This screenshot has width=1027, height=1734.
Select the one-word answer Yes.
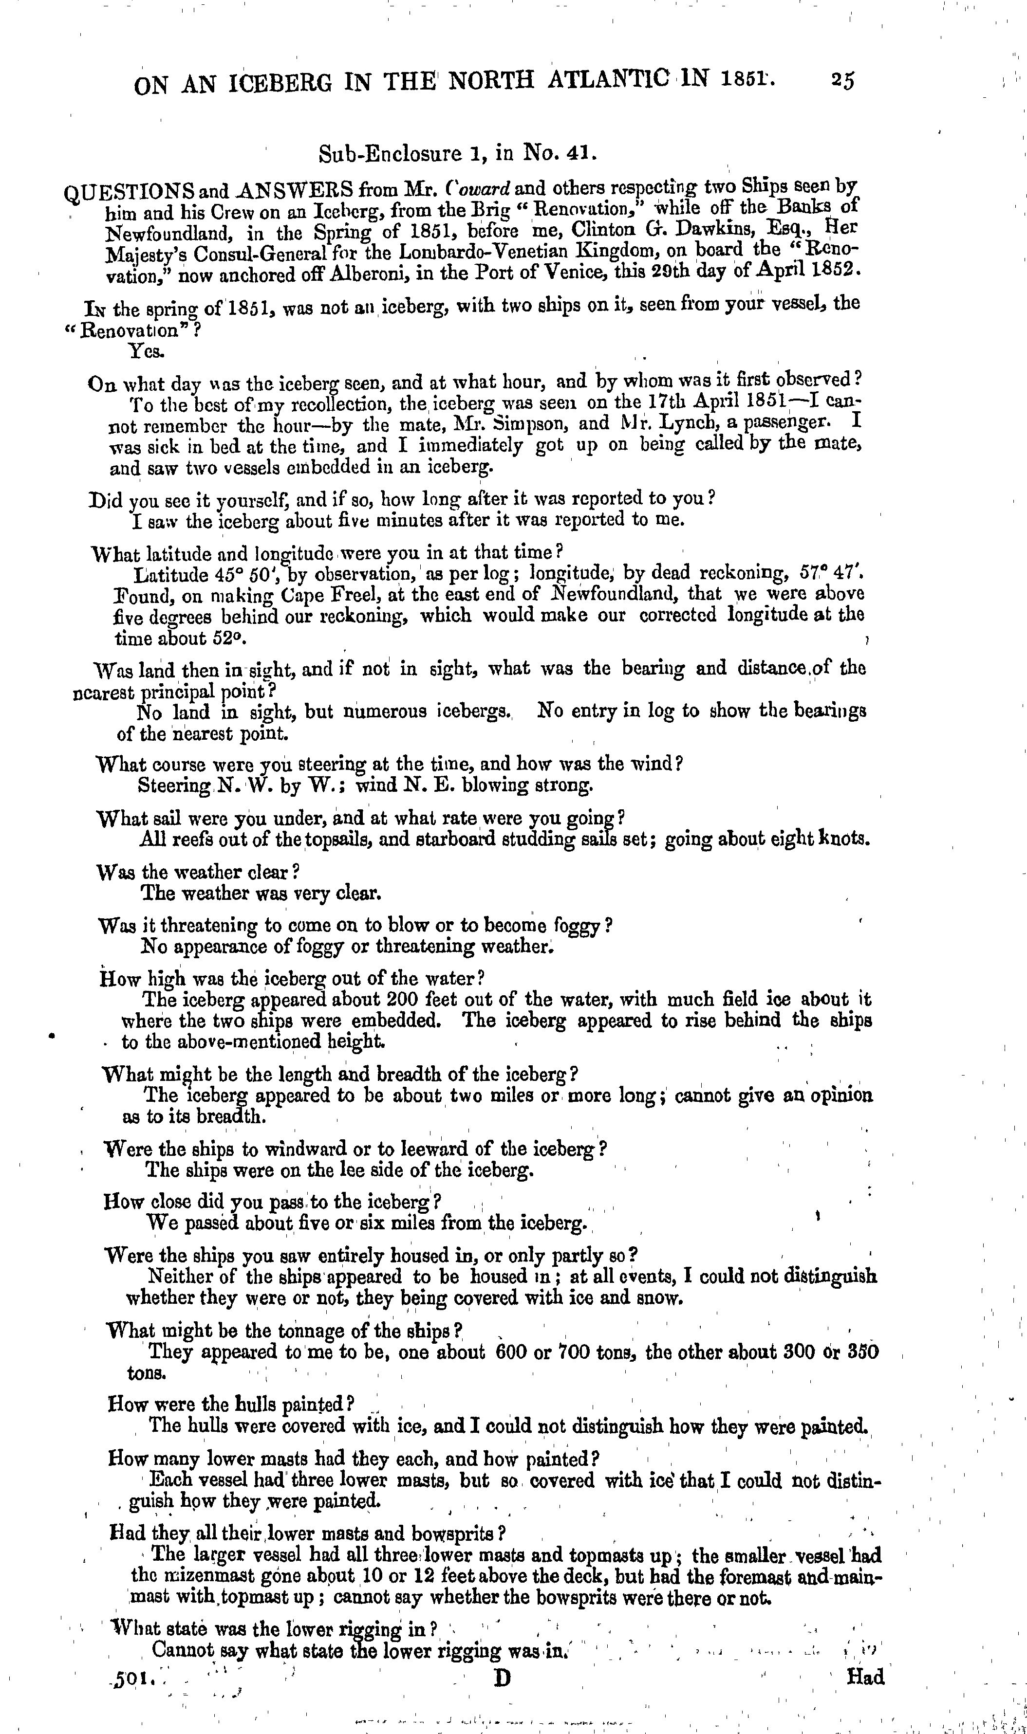147,351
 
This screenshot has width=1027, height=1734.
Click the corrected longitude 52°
229,637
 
